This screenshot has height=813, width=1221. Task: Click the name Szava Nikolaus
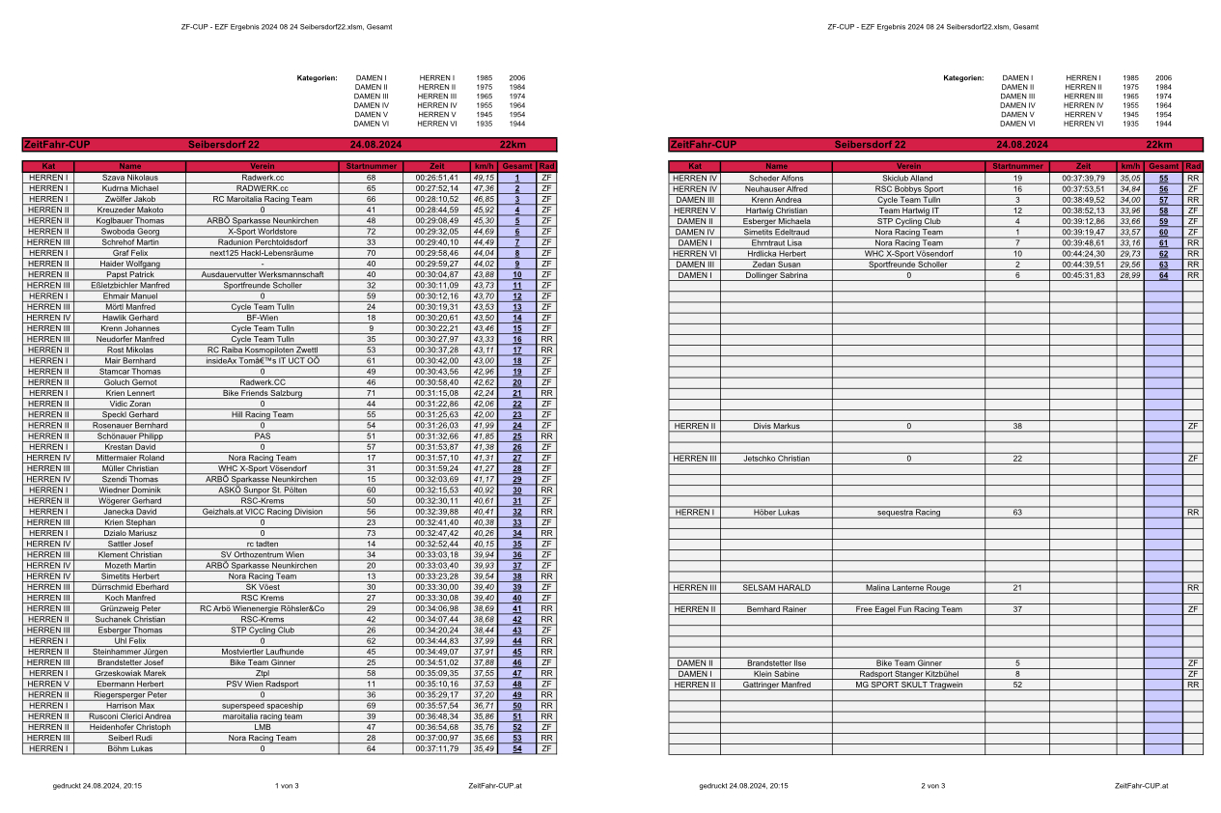[129, 178]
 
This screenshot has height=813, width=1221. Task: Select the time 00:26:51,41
[437, 178]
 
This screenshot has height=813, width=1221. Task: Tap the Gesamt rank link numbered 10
[517, 275]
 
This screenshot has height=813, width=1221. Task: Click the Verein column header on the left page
[263, 167]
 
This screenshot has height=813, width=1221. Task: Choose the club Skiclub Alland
[907, 178]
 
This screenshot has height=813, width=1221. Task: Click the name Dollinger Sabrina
[777, 275]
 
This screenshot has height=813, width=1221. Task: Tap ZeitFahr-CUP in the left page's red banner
[57, 145]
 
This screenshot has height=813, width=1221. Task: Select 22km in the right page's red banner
[1158, 145]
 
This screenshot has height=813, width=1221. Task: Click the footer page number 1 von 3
[287, 786]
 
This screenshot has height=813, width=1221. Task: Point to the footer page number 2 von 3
[933, 786]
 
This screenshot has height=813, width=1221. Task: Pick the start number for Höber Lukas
[1017, 512]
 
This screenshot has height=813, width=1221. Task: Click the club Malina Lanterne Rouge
[907, 587]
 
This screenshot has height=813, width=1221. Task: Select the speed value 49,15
[484, 178]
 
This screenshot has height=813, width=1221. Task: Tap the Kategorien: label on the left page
[317, 77]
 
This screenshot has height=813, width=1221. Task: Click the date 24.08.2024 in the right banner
[1022, 145]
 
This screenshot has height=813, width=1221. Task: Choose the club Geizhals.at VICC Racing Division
[263, 512]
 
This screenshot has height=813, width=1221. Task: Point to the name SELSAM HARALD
[777, 587]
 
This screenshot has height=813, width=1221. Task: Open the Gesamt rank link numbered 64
[1163, 275]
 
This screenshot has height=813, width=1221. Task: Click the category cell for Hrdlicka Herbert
[694, 254]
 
